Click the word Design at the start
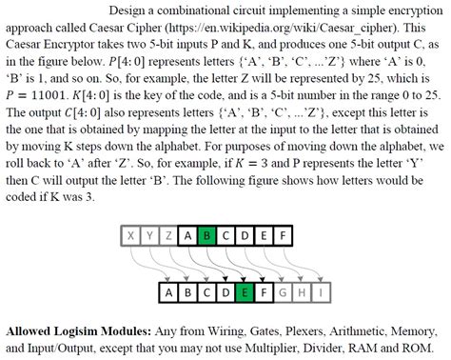(x=130, y=10)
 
